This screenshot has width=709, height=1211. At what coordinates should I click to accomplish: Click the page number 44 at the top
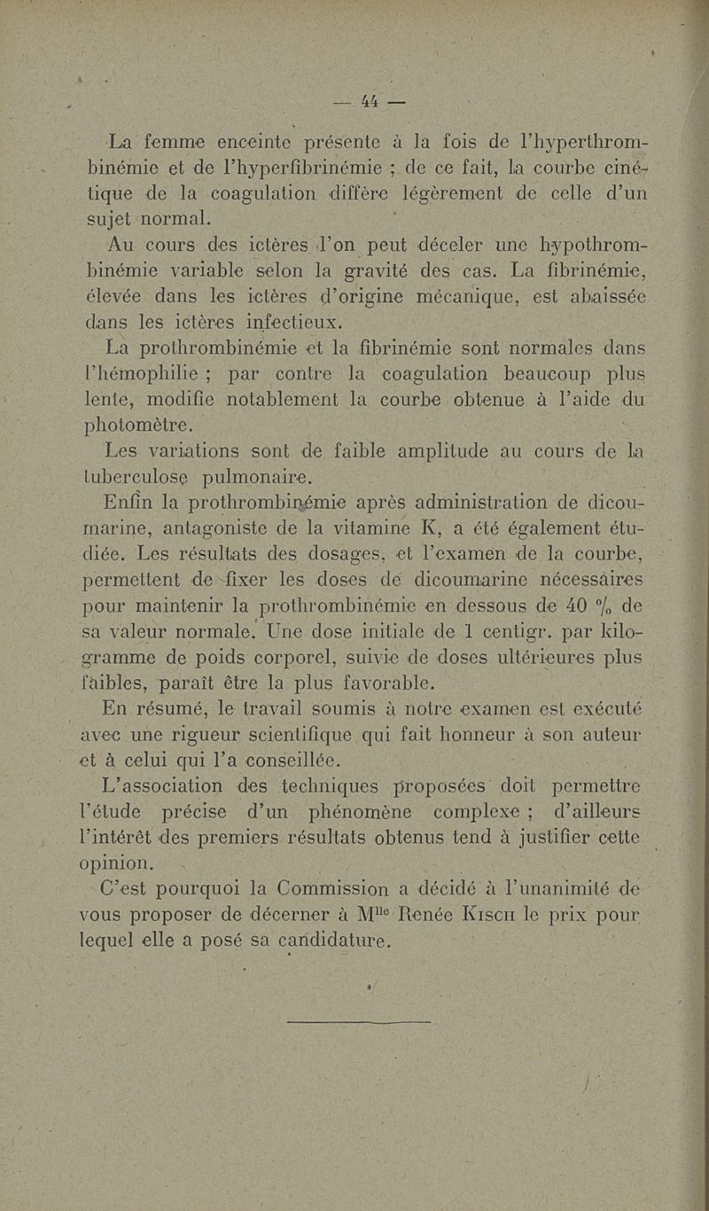(x=366, y=101)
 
